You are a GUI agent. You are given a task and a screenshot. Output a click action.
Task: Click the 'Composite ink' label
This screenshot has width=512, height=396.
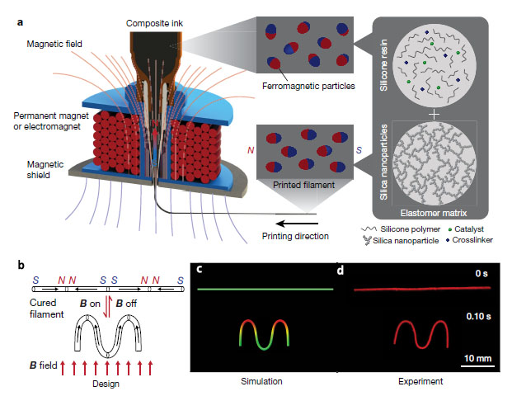click(154, 24)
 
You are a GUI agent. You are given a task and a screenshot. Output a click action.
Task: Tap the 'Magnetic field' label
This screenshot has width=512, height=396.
click(54, 44)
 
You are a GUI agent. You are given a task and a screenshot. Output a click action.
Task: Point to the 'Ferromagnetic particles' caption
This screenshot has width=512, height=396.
click(308, 86)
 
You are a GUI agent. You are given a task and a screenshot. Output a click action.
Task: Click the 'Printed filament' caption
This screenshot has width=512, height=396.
click(303, 185)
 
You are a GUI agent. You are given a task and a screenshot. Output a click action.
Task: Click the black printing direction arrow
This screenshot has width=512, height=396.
click(297, 224)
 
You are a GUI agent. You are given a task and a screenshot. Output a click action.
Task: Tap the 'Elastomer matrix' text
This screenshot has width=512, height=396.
click(434, 213)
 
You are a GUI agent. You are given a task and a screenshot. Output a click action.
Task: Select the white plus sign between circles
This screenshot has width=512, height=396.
click(434, 115)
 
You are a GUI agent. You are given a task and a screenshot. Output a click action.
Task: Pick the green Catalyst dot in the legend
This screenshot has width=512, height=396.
click(450, 229)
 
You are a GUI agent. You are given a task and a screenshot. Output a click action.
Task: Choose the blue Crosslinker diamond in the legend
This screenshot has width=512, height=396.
click(448, 240)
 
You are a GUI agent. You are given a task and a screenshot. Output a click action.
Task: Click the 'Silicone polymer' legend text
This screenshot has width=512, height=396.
click(410, 229)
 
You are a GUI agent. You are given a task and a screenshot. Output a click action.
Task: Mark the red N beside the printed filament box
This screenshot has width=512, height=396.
click(251, 150)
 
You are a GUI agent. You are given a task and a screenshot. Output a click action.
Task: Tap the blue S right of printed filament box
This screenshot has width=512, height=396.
click(359, 150)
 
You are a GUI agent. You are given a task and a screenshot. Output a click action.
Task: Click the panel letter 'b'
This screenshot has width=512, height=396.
click(21, 265)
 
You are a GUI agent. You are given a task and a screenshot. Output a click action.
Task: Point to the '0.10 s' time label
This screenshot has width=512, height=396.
click(478, 316)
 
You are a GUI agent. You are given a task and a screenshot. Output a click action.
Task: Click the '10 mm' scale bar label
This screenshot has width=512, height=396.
click(477, 358)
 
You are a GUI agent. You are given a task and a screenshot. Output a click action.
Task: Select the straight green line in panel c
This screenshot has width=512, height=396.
click(265, 289)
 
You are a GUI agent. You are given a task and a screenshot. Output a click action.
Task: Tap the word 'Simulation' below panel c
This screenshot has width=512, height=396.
click(261, 381)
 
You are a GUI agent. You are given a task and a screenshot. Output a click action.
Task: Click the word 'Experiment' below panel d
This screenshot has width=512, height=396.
click(420, 381)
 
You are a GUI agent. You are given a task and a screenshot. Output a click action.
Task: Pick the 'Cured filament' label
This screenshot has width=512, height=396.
click(46, 309)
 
